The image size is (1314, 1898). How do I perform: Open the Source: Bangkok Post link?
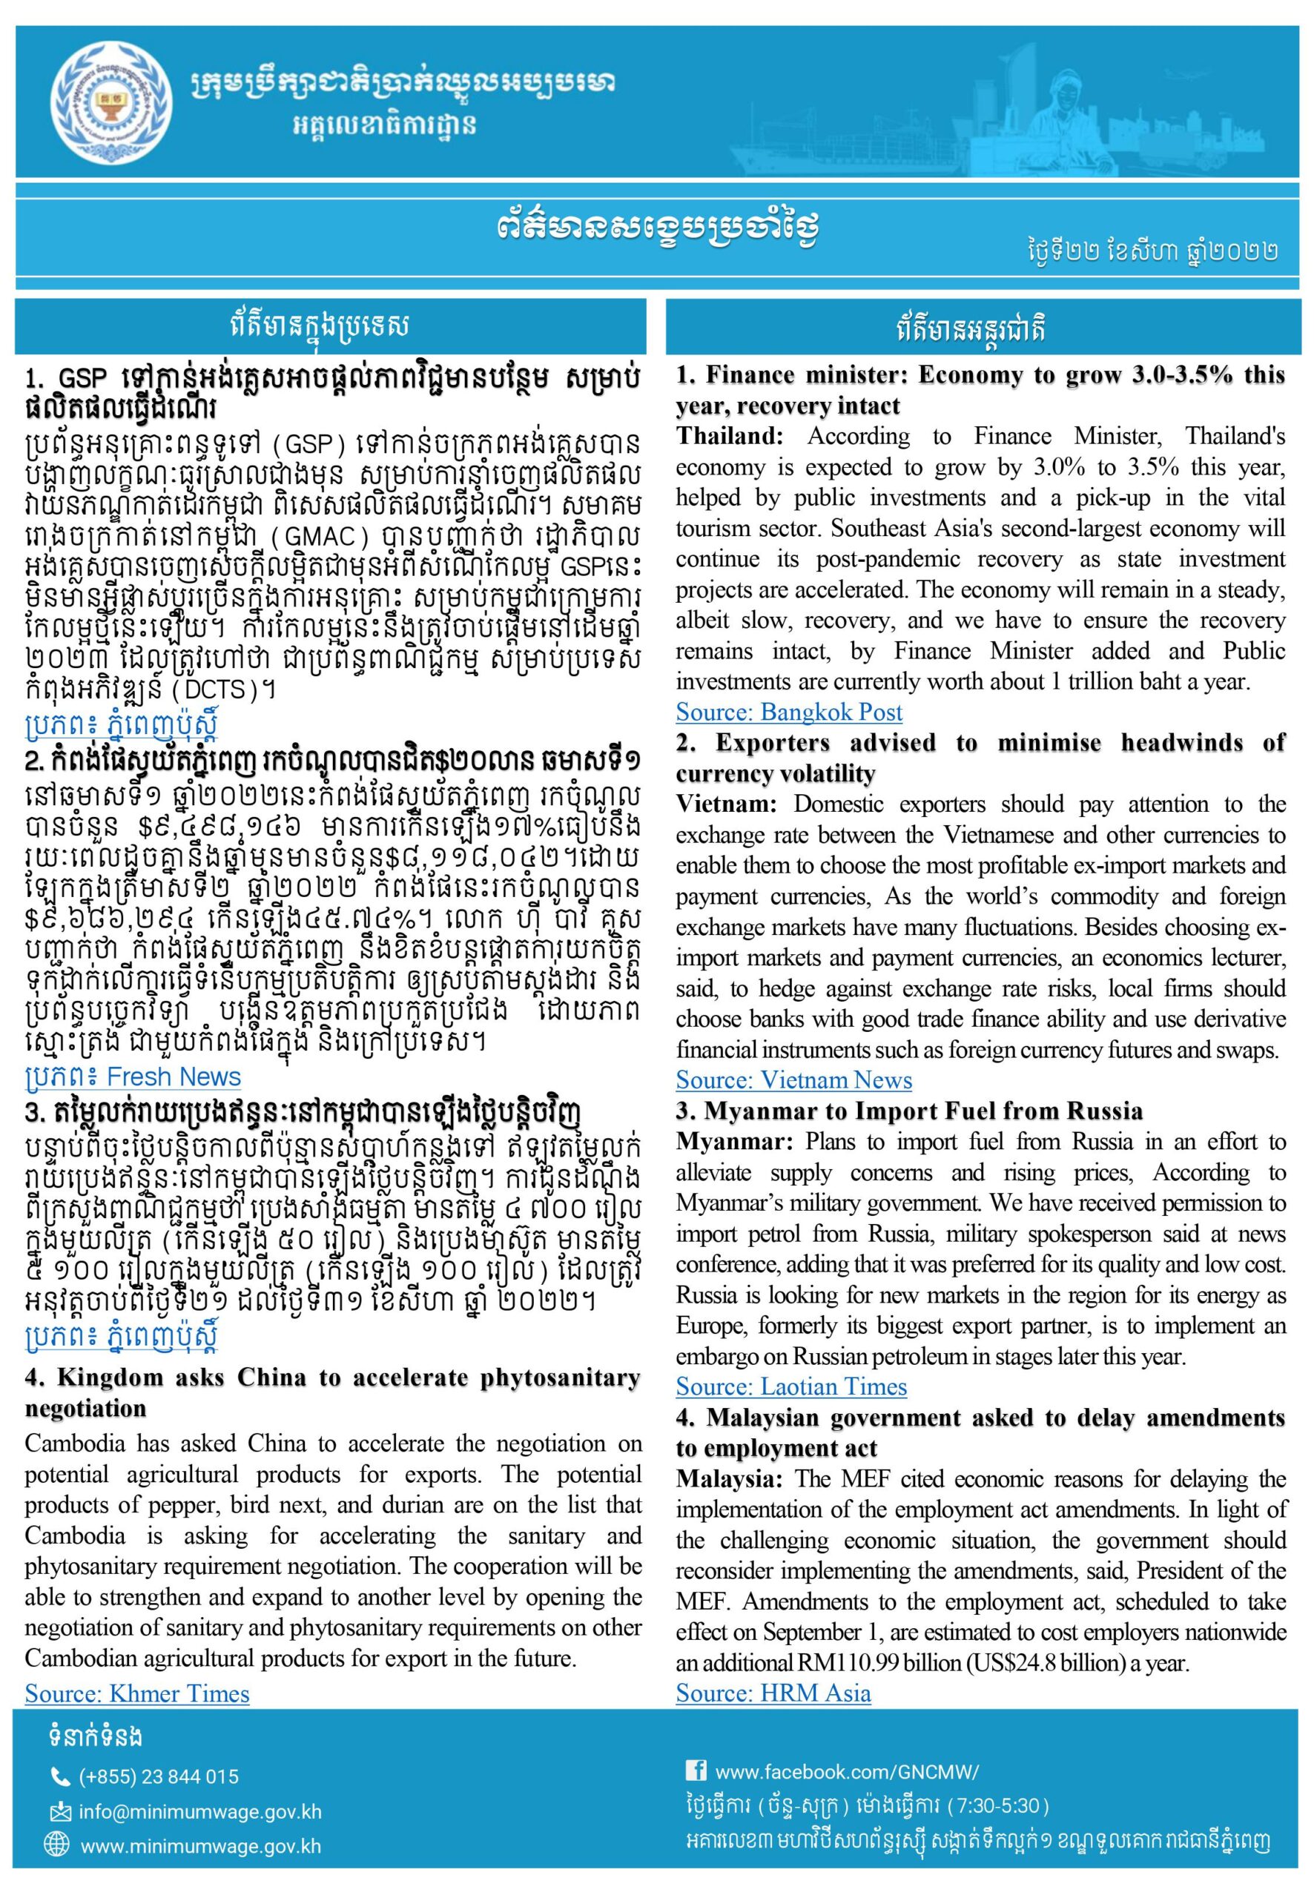788,712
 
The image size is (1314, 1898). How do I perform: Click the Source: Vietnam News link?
793,1080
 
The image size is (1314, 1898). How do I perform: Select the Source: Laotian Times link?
790,1387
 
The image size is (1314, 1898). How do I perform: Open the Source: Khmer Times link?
136,1693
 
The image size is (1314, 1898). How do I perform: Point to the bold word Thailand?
730,436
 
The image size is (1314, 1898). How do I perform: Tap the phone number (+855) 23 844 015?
158,1777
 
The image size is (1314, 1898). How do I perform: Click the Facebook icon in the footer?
696,1769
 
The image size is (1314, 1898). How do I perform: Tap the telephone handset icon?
60,1777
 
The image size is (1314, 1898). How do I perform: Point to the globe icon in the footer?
57,1845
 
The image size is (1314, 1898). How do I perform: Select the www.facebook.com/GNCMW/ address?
847,1771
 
